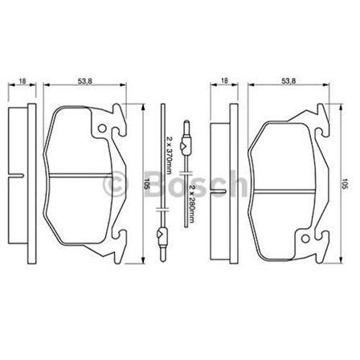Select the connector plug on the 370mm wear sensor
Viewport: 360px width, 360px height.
coord(162,235)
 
